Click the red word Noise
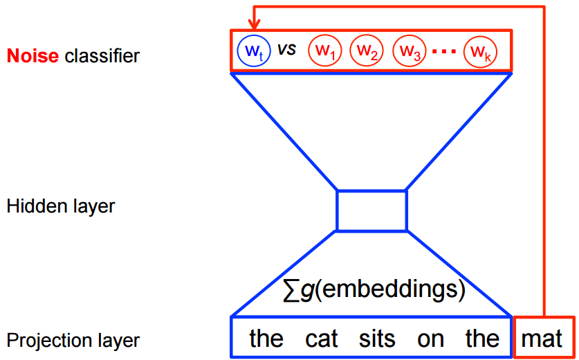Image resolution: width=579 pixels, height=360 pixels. [33, 55]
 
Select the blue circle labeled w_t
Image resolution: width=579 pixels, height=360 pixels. [250, 51]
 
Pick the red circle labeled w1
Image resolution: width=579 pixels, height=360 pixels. [324, 51]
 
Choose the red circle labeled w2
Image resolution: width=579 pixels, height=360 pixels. [367, 51]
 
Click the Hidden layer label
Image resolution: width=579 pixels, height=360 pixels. [60, 206]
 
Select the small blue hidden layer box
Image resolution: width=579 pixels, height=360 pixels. [371, 210]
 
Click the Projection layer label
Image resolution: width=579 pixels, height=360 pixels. [73, 341]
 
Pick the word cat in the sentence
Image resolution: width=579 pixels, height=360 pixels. [322, 339]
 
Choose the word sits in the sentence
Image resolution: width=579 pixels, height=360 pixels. [377, 339]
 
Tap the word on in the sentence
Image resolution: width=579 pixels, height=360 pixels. [430, 339]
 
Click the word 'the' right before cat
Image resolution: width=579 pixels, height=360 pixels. [266, 339]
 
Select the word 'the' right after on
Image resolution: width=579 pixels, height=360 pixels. [482, 339]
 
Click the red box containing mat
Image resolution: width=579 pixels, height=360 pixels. [544, 338]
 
